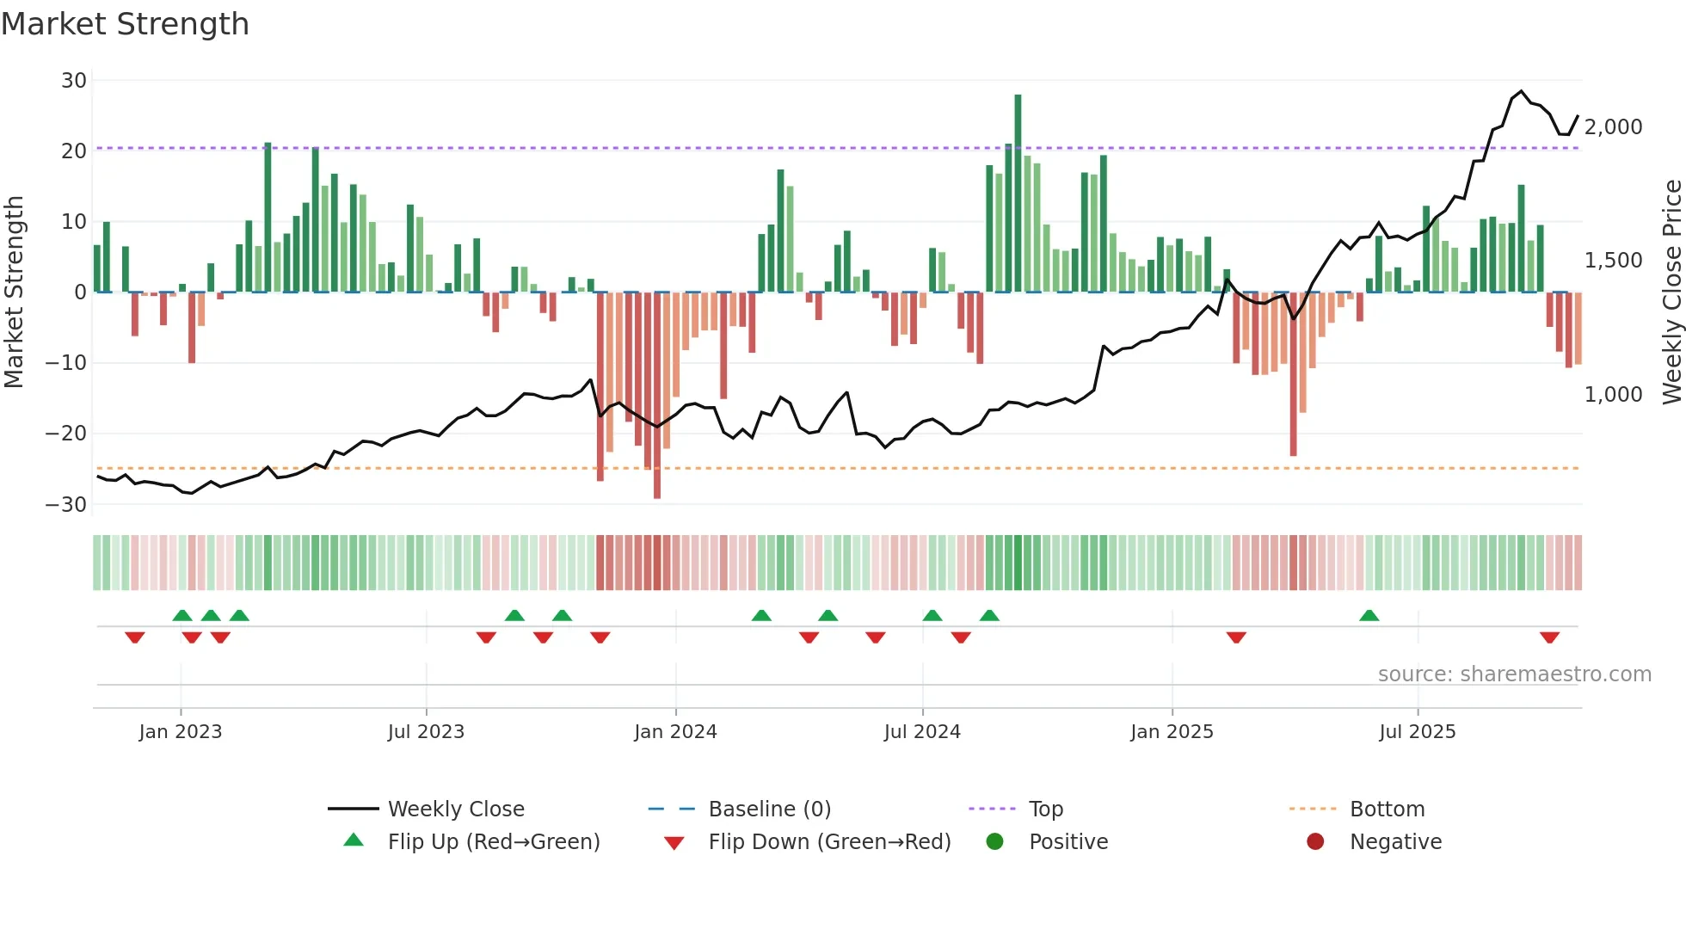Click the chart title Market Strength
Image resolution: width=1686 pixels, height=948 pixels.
pyautogui.click(x=125, y=24)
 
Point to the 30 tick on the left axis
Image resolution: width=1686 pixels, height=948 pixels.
pyautogui.click(x=74, y=81)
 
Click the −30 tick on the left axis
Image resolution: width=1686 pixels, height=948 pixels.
pyautogui.click(x=67, y=504)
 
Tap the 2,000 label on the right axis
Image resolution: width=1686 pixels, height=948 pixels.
pyautogui.click(x=1613, y=127)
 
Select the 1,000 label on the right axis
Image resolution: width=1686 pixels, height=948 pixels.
pyautogui.click(x=1613, y=395)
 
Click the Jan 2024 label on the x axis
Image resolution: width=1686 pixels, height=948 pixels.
pyautogui.click(x=675, y=732)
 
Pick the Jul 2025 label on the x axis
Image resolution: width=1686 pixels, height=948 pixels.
pyautogui.click(x=1417, y=732)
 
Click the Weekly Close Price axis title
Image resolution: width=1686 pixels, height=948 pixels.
pyautogui.click(x=1671, y=292)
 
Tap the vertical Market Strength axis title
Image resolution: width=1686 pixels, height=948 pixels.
pyautogui.click(x=15, y=292)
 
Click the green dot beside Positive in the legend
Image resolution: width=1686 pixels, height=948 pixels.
pyautogui.click(x=995, y=842)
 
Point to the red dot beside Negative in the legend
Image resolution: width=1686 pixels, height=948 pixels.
pyautogui.click(x=1315, y=842)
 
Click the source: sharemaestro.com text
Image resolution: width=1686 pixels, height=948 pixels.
pyautogui.click(x=1514, y=674)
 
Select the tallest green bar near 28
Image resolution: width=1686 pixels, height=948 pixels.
pyautogui.click(x=1018, y=194)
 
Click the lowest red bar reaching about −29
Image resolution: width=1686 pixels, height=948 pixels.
pyautogui.click(x=657, y=396)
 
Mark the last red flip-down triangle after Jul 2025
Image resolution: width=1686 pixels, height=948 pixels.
pyautogui.click(x=1549, y=637)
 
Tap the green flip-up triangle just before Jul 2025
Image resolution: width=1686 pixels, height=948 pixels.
pyautogui.click(x=1369, y=615)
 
